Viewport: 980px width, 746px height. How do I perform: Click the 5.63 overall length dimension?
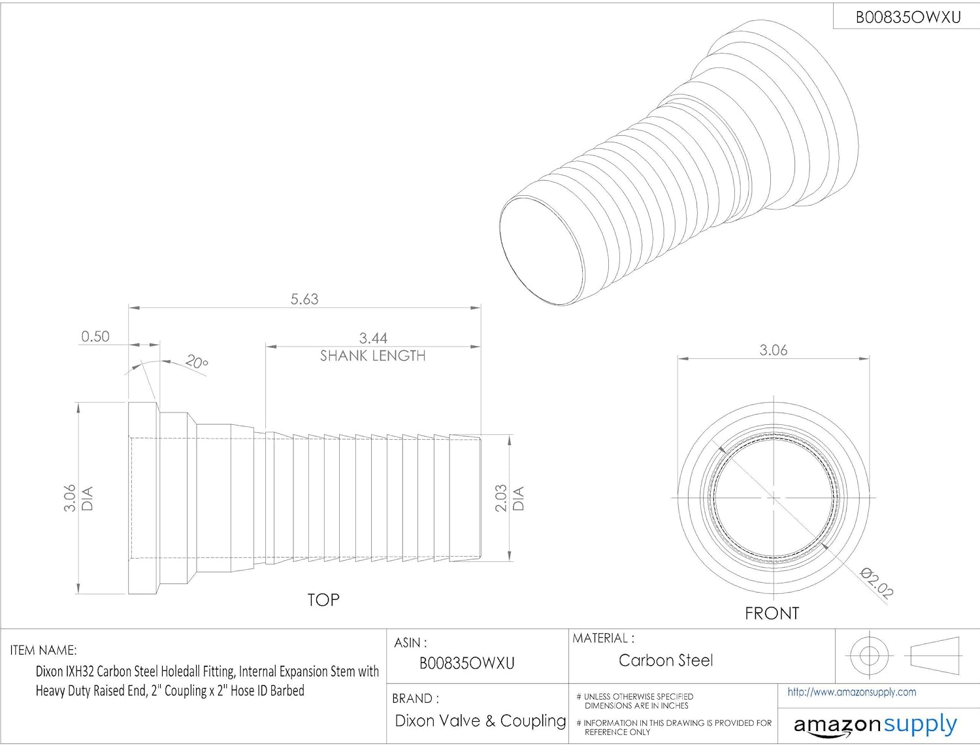click(304, 299)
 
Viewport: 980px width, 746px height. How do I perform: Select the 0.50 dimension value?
click(95, 336)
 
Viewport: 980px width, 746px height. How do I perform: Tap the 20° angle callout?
click(197, 361)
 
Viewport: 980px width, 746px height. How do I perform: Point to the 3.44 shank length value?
click(373, 338)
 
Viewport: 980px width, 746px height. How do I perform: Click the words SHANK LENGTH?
click(373, 356)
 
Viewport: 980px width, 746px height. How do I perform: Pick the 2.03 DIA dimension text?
click(510, 497)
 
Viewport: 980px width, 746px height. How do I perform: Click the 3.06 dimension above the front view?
click(774, 350)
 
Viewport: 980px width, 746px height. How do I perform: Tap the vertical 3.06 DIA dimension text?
click(78, 498)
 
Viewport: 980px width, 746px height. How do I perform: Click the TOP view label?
click(323, 600)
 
